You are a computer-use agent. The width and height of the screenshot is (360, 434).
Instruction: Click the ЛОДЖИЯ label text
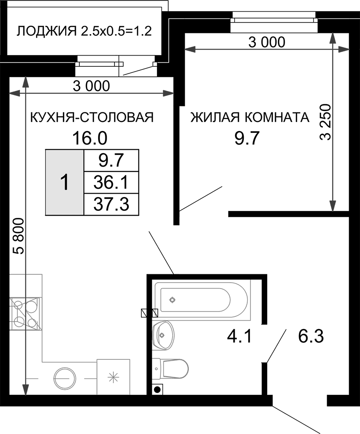(x=46, y=31)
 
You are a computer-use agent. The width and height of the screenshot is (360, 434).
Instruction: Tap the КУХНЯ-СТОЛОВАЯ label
(x=92, y=117)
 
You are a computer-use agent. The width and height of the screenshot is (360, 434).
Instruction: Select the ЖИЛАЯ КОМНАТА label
(x=249, y=117)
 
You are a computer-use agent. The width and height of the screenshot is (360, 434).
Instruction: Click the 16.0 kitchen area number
(x=90, y=138)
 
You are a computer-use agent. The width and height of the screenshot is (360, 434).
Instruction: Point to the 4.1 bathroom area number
(x=239, y=337)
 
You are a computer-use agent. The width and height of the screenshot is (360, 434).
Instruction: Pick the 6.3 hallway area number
(x=311, y=337)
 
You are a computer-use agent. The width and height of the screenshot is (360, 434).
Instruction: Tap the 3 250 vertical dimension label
(x=325, y=122)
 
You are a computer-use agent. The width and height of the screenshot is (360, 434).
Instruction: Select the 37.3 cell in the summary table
(x=111, y=204)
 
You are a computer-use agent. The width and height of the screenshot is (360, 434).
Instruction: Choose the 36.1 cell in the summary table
(x=111, y=182)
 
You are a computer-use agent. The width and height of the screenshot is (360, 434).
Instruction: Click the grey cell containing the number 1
(x=65, y=182)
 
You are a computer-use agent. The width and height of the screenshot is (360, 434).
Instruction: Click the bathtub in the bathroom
(x=202, y=300)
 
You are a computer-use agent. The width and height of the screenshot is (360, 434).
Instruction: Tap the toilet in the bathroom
(x=170, y=368)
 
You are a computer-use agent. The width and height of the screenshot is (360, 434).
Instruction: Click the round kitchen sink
(x=65, y=378)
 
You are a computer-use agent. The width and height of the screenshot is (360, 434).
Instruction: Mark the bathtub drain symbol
(x=173, y=299)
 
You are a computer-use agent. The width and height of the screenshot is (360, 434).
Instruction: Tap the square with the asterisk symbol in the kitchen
(x=113, y=377)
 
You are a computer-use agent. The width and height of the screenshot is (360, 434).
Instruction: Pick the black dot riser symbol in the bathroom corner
(x=157, y=389)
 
